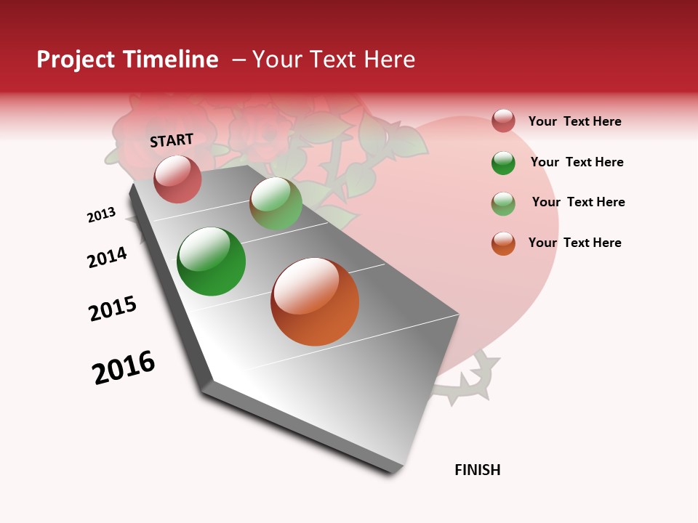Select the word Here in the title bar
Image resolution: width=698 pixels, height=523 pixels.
(389, 60)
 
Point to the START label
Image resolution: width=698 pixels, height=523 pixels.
(172, 140)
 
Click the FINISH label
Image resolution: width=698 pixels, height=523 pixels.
(477, 470)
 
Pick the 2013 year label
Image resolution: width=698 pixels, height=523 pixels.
(101, 215)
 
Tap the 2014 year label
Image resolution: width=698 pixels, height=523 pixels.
(107, 257)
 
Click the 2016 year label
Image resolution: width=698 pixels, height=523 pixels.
(124, 368)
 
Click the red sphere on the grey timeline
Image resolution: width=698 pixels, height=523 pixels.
(177, 179)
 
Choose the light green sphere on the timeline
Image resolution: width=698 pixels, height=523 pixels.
(276, 203)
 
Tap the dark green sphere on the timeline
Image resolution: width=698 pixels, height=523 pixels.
(211, 261)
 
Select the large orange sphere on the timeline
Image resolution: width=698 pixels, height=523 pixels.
(315, 301)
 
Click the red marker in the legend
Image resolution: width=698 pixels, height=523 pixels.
(503, 121)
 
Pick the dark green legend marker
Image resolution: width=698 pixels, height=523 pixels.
(503, 162)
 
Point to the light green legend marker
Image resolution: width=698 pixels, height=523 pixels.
(503, 203)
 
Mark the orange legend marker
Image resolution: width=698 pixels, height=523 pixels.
(503, 243)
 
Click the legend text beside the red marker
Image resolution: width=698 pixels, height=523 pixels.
(574, 121)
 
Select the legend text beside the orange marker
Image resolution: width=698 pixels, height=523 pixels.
(574, 243)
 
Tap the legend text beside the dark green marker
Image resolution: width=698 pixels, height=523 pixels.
(577, 162)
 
